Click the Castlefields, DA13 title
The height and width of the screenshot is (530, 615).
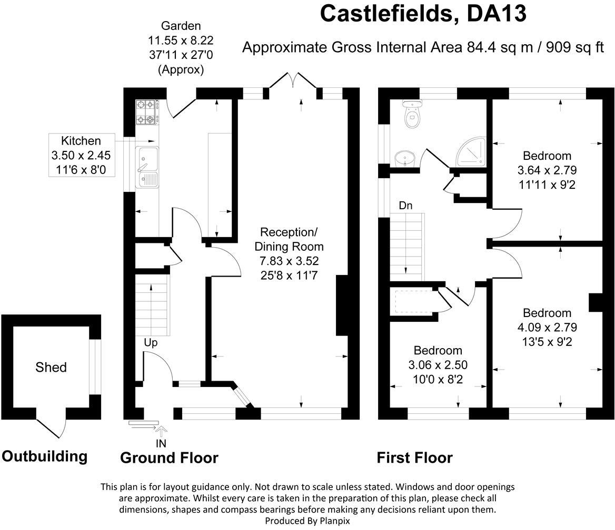click(423, 14)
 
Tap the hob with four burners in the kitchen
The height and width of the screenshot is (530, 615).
click(147, 113)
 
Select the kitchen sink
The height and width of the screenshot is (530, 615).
click(147, 167)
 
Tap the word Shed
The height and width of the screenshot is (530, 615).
click(51, 367)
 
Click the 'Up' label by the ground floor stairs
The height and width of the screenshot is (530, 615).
click(151, 342)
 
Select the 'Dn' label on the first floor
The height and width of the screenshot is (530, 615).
click(405, 206)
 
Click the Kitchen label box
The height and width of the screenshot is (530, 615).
click(81, 156)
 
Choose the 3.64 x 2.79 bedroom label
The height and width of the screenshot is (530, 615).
click(547, 170)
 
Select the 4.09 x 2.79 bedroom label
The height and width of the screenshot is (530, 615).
click(547, 327)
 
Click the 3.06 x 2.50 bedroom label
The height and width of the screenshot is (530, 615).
click(438, 365)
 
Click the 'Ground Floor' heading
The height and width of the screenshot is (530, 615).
click(169, 458)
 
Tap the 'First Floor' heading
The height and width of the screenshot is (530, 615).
click(414, 458)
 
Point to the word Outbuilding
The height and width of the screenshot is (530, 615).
click(44, 456)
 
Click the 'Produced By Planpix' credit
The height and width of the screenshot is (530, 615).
click(307, 521)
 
